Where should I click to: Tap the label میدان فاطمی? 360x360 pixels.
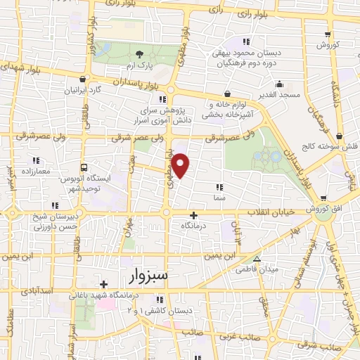pos(259,269)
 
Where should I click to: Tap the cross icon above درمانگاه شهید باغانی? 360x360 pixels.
pos(104,285)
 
